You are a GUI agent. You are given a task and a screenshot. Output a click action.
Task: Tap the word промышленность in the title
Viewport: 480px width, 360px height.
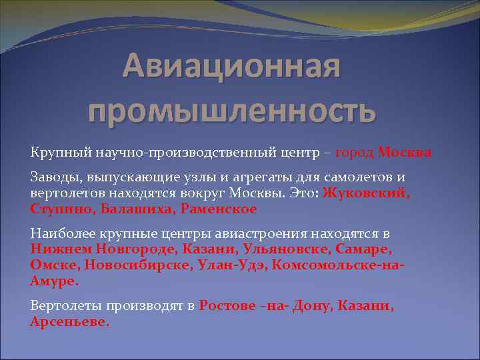pyautogui.click(x=232, y=109)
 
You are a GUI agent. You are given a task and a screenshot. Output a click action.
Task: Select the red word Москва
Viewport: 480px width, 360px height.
pyautogui.click(x=405, y=153)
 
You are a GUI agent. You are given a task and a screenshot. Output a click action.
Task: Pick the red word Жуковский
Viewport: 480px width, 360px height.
pyautogui.click(x=366, y=193)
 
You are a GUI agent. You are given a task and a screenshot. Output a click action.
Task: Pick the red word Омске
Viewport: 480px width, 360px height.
pyautogui.click(x=54, y=265)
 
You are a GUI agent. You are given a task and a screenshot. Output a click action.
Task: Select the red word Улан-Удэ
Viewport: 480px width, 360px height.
pyautogui.click(x=231, y=265)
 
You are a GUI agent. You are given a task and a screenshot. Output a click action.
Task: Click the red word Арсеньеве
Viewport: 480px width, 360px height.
pyautogui.click(x=69, y=322)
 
